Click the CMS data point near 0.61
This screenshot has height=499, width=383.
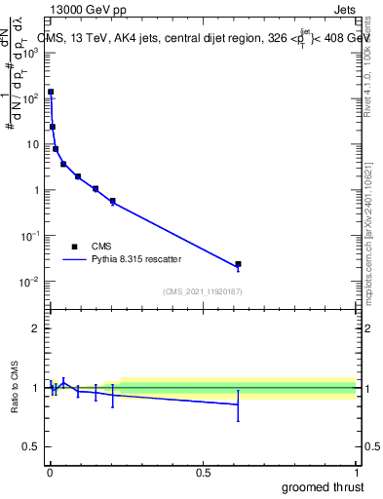pos(238,264)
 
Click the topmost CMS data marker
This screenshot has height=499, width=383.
pos(51,92)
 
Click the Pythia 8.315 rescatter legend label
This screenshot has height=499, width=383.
pos(137,259)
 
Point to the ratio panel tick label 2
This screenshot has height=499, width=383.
pos(36,328)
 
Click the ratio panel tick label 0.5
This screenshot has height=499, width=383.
pos(31,447)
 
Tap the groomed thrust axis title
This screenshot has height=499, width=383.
pos(323,486)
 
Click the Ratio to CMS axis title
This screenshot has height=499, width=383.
pos(16,388)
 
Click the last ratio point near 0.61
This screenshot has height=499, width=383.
pos(238,404)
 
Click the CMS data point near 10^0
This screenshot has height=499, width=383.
pos(96,189)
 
